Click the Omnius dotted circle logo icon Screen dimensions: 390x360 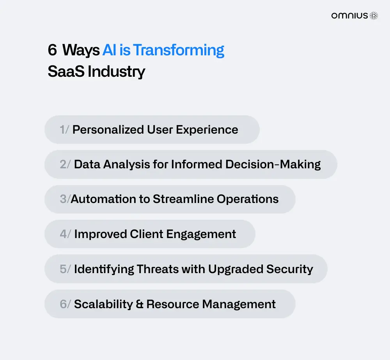374,16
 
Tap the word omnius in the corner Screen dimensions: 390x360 349,16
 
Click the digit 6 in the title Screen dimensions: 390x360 52,50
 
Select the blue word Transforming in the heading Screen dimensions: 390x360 179,50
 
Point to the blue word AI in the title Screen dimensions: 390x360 110,50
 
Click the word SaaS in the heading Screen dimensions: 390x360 66,72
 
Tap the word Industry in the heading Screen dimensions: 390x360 116,72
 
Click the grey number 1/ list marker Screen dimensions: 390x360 64,130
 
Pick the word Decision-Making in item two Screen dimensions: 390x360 273,164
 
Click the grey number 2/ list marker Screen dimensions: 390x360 65,164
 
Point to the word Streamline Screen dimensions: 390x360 183,199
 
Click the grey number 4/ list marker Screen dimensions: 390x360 66,234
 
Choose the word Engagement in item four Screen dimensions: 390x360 201,234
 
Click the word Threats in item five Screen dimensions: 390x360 158,269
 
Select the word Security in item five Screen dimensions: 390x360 290,269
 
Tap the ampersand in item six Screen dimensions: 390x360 140,304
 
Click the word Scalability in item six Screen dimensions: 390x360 103,304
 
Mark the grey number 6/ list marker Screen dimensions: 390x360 65,304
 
